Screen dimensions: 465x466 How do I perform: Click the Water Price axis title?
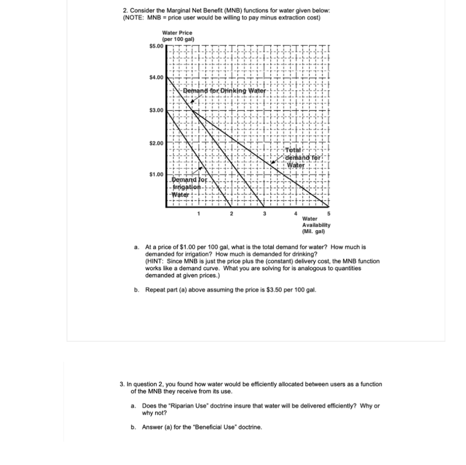(177, 35)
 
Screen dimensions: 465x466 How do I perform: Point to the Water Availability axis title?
(316, 225)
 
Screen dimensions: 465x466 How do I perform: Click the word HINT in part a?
(156, 261)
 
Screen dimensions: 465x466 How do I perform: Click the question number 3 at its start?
(122, 384)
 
